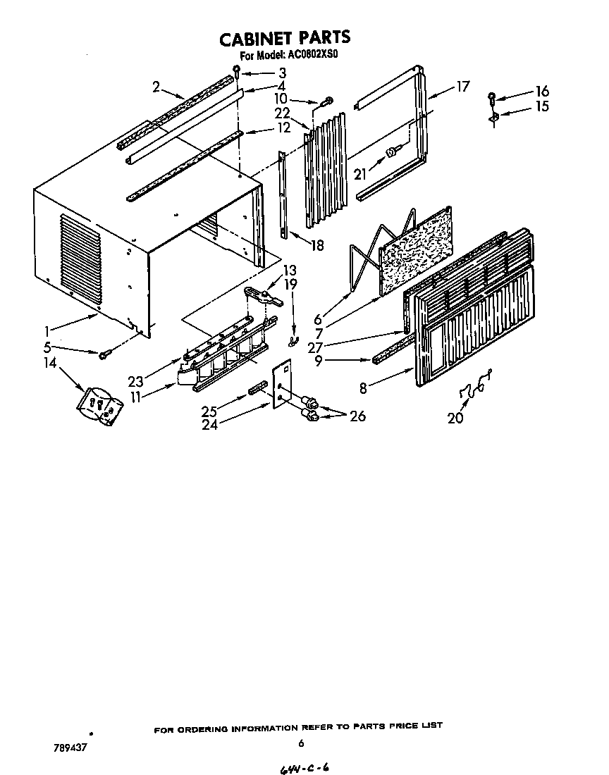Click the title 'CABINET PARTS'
[284, 37]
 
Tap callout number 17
[462, 87]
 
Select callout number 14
[49, 364]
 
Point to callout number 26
[357, 416]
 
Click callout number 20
[456, 417]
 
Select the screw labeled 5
[105, 354]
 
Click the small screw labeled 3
[238, 70]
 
